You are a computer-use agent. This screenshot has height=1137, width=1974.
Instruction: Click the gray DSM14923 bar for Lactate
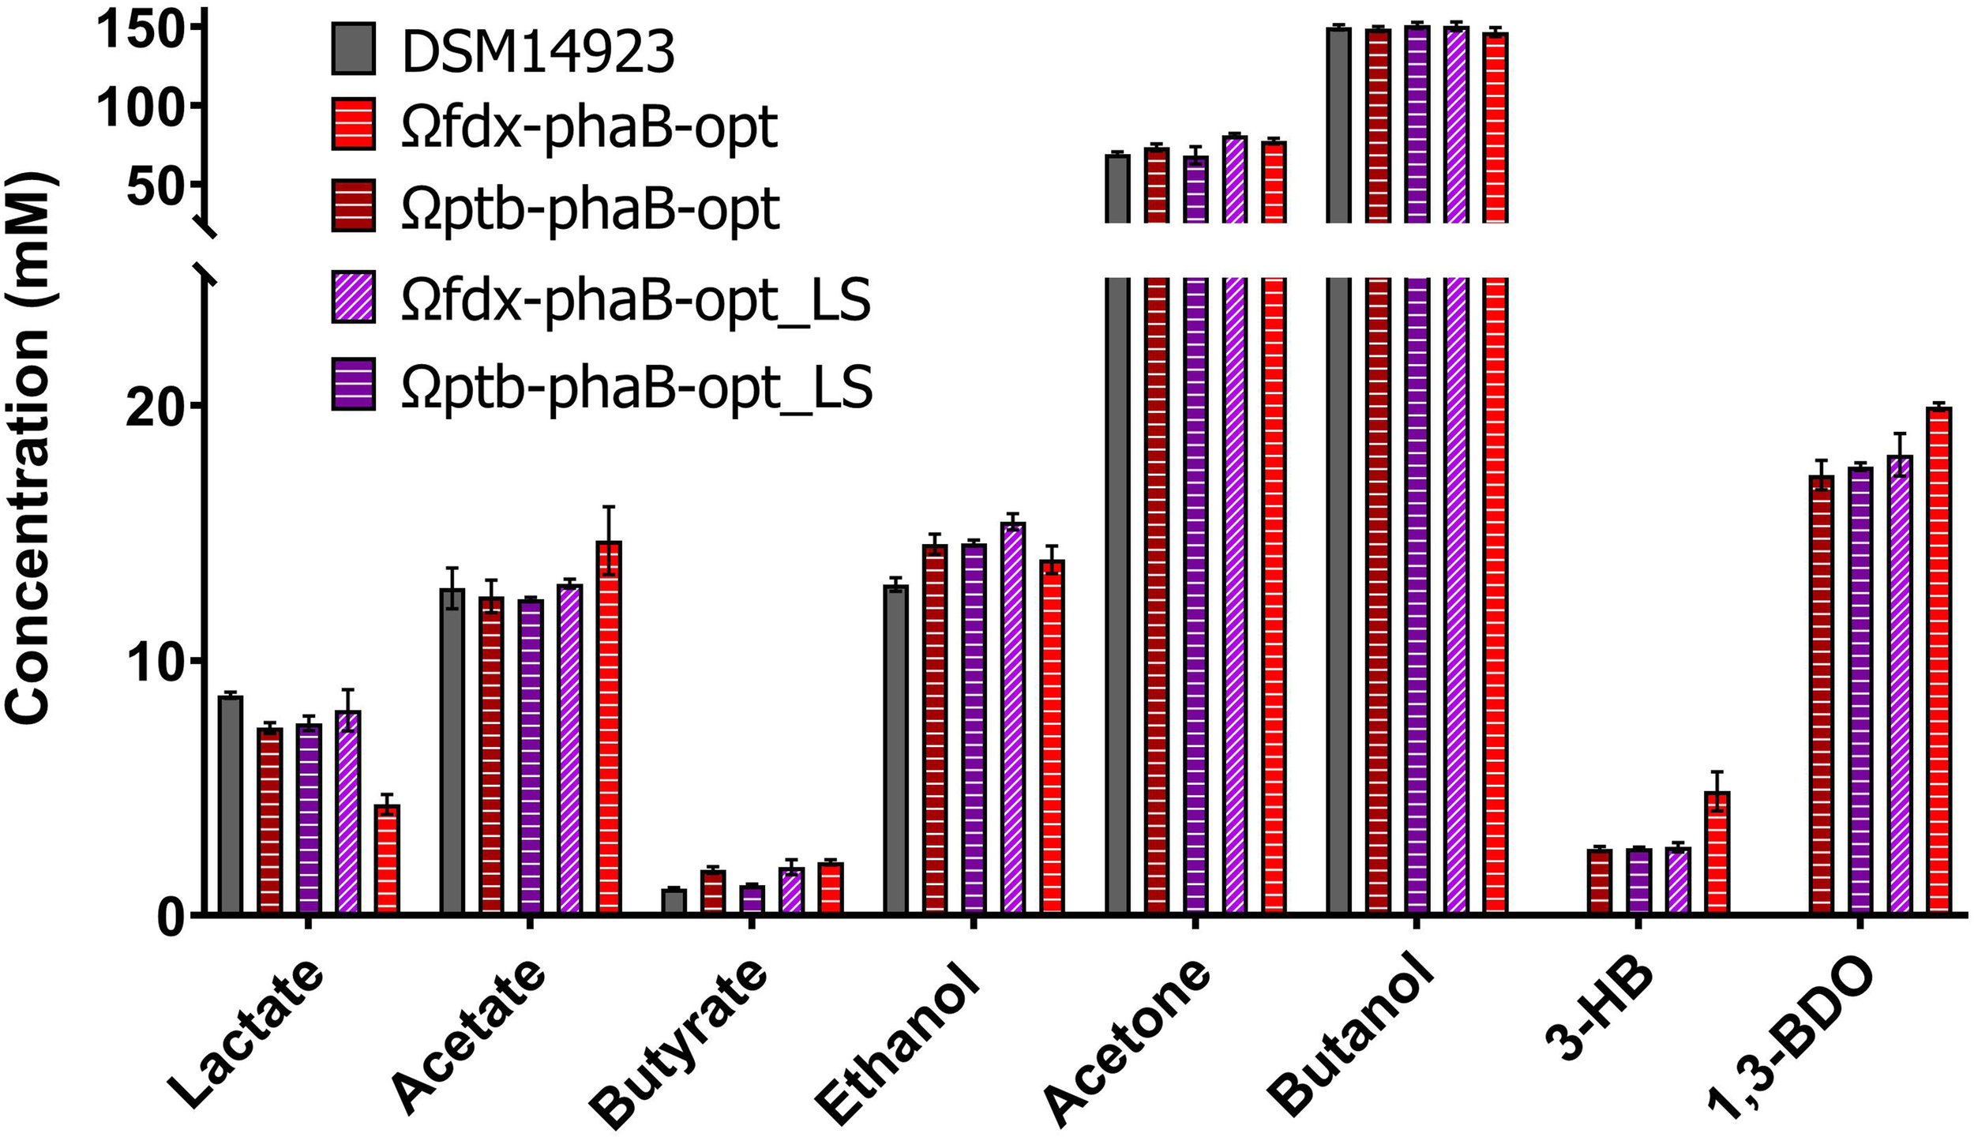(x=231, y=805)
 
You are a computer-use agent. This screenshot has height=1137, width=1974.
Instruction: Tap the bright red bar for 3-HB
(x=1717, y=853)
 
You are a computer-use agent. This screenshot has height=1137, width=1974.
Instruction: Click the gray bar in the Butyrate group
(x=674, y=901)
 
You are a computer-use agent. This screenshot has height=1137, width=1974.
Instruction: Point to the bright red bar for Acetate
(x=609, y=726)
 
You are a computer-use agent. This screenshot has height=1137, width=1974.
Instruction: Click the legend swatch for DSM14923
(x=353, y=49)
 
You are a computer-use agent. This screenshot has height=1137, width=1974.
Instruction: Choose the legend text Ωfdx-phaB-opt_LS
(x=635, y=300)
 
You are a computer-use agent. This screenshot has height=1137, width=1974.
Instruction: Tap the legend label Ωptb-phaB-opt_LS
(x=636, y=387)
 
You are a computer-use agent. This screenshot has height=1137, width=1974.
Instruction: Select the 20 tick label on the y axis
(x=155, y=407)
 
